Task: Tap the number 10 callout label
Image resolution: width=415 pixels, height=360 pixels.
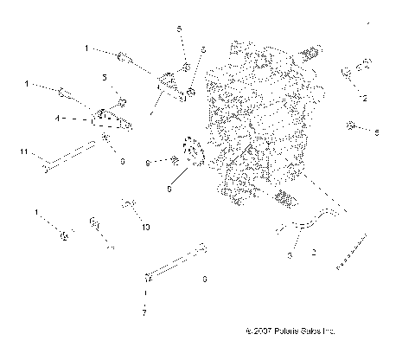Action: [x=146, y=226]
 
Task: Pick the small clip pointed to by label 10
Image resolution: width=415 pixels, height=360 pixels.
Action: [x=130, y=204]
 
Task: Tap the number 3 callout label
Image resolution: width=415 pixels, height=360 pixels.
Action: [x=290, y=255]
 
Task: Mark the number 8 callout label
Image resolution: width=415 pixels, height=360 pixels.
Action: [x=148, y=162]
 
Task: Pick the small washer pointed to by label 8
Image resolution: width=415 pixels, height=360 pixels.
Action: [x=176, y=159]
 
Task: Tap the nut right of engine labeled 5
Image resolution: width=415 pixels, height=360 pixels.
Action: [x=353, y=126]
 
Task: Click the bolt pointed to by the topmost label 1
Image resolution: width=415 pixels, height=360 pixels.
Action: [x=127, y=59]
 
